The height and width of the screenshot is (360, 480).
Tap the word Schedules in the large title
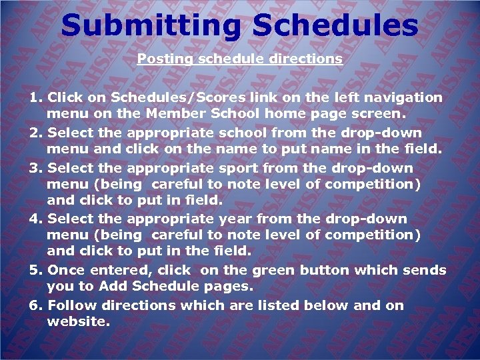point(336,26)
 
